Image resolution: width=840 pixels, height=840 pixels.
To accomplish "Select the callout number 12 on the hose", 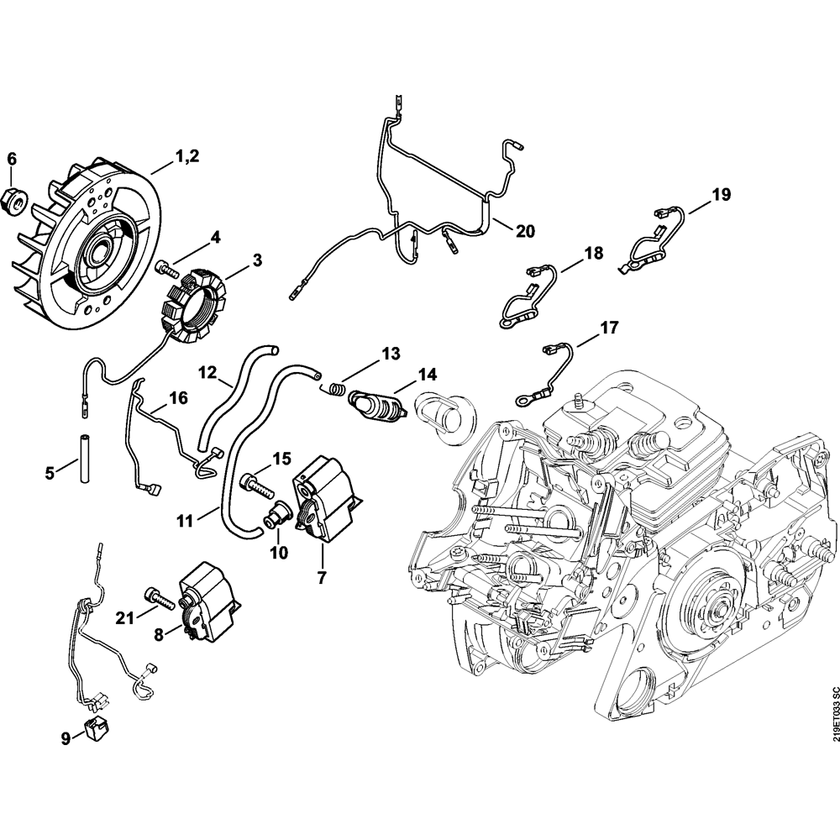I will tap(207, 370).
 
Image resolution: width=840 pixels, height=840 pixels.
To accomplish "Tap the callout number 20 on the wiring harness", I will tap(525, 229).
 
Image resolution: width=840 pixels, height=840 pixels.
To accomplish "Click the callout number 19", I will tap(721, 195).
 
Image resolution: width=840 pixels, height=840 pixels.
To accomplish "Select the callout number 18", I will tap(593, 253).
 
